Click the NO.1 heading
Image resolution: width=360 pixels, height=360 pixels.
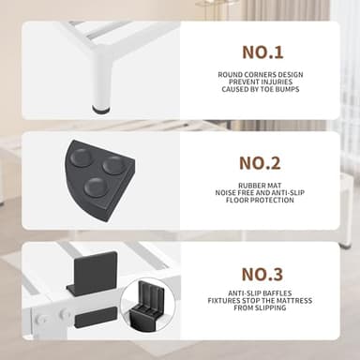coord(262,52)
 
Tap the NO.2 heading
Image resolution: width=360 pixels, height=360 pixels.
coord(260,163)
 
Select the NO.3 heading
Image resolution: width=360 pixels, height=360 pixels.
coord(262,274)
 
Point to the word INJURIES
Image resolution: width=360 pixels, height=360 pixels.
coord(277,82)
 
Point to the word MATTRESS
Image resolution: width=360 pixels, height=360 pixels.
coord(293,301)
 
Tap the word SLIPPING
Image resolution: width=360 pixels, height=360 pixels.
coord(269,307)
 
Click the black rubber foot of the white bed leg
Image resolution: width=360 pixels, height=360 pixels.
coord(101,109)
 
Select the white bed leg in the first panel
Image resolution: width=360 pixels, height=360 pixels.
coord(102,78)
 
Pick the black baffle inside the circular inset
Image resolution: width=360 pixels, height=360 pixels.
coord(146,306)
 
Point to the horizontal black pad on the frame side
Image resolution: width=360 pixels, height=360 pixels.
coord(96,317)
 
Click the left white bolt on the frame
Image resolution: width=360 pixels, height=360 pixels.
coord(41,320)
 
